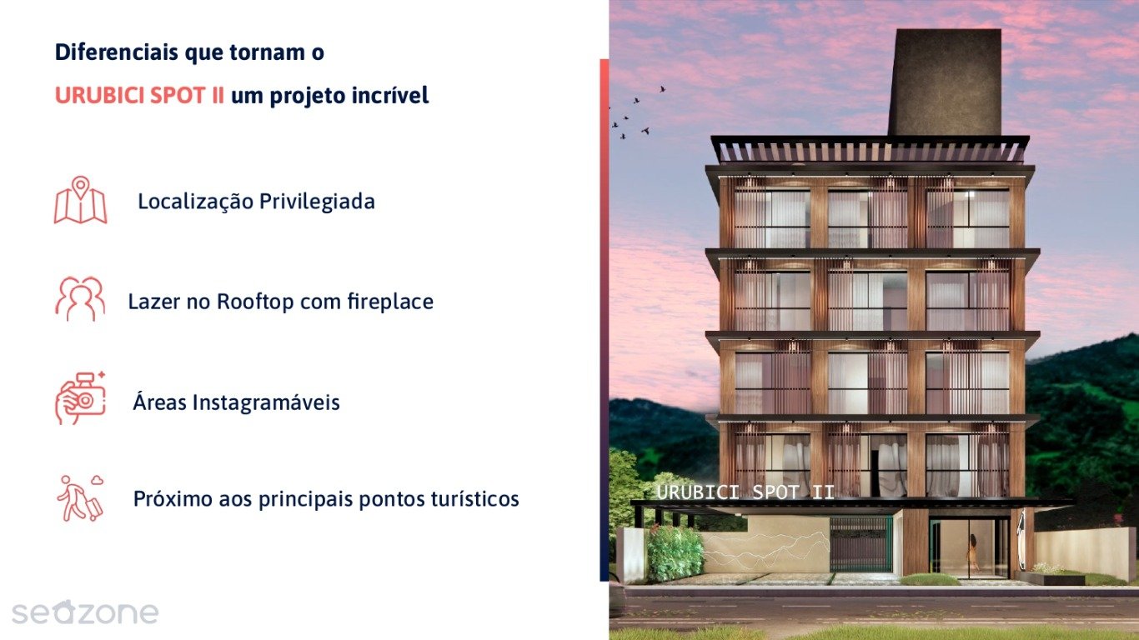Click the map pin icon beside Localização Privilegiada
[x=80, y=200]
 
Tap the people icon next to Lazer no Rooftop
[x=80, y=299]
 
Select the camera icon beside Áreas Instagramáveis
[x=80, y=399]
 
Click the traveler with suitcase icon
[x=80, y=498]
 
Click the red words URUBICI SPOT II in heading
[x=139, y=96]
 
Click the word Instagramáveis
[x=266, y=402]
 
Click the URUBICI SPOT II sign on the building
[x=745, y=492]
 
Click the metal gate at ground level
[x=861, y=544]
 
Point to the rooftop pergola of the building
[x=870, y=151]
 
